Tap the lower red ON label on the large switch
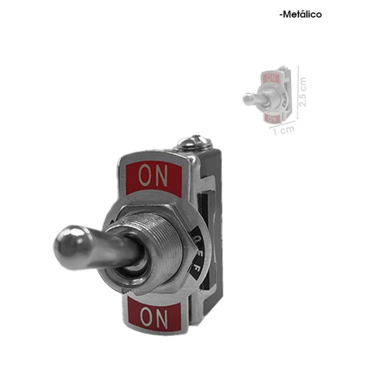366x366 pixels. (x=154, y=315)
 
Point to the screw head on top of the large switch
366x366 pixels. (x=194, y=142)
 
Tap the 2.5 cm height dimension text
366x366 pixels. (x=303, y=91)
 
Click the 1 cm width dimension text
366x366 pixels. (x=284, y=131)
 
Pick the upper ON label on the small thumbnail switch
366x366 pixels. (x=271, y=77)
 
